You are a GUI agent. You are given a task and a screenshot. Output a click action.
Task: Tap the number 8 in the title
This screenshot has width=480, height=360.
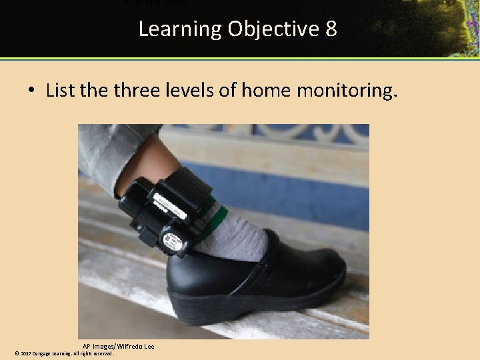(331, 29)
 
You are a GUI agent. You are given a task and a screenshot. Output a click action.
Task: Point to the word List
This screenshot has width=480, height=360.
(60, 90)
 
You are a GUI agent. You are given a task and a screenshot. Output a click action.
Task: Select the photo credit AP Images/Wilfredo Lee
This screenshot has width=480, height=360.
(119, 347)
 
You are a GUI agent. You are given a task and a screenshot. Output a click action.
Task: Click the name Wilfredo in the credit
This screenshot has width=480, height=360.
(131, 347)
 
